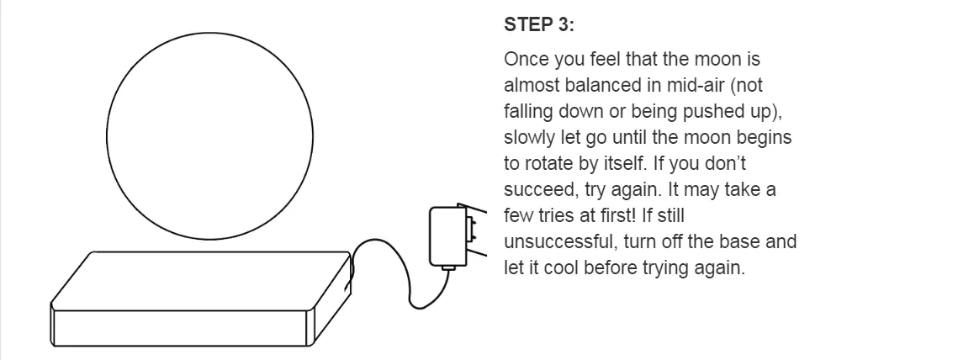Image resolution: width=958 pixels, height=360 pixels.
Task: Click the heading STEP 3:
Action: pyautogui.click(x=539, y=25)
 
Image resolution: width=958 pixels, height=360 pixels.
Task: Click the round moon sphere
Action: pyautogui.click(x=209, y=135)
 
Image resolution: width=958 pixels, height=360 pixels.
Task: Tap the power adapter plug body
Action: pyautogui.click(x=447, y=236)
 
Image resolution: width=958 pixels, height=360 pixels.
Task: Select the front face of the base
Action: pyautogui.click(x=179, y=328)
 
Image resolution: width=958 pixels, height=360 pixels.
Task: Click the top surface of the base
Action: pyautogui.click(x=202, y=281)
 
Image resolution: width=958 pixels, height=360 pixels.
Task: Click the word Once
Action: pyautogui.click(x=527, y=59)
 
